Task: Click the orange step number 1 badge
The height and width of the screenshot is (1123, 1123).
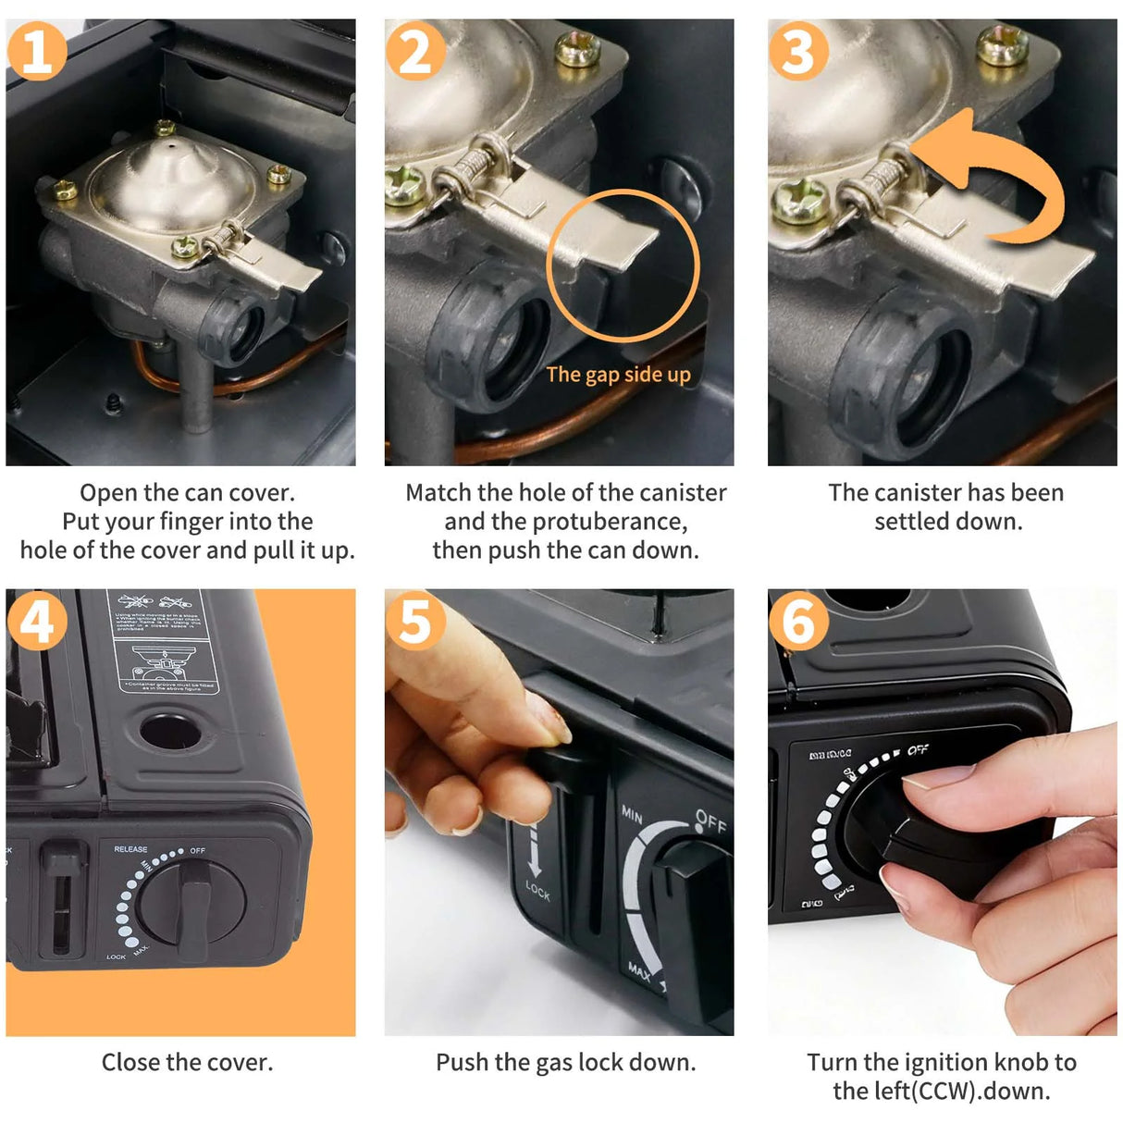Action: [37, 51]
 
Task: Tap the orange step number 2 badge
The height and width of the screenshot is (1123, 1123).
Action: [415, 51]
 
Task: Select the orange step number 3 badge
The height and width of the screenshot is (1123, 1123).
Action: [798, 51]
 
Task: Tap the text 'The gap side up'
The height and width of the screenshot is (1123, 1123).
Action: [618, 375]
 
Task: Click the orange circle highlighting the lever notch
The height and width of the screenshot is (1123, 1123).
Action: [623, 265]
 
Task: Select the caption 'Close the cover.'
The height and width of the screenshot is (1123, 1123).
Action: [187, 1062]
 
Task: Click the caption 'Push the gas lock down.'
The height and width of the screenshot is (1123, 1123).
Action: [565, 1062]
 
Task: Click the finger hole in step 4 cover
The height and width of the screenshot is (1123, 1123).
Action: [170, 730]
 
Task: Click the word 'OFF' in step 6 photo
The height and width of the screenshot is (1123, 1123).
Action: [917, 749]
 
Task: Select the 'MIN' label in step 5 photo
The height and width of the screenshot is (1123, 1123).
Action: [632, 814]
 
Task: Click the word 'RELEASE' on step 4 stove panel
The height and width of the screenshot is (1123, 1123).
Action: [130, 848]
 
